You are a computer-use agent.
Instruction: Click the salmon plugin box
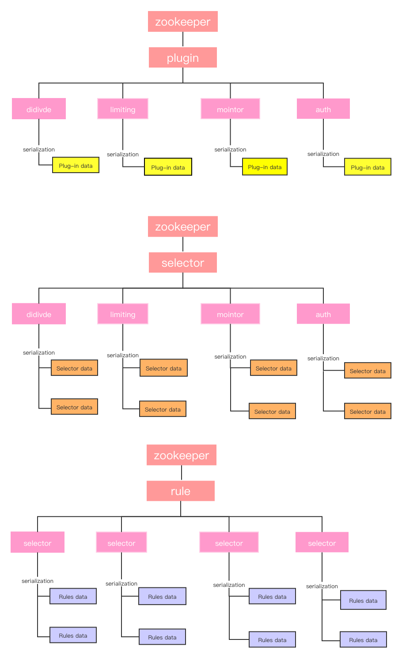coord(182,57)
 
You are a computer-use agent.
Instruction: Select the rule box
coord(180,491)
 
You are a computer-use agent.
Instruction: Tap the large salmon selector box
coord(182,262)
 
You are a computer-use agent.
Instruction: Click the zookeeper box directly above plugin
coord(182,22)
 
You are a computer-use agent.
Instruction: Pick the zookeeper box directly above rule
coord(181,455)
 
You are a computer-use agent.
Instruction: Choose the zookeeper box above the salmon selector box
coord(182,227)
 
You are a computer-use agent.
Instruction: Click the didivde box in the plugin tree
coord(39,109)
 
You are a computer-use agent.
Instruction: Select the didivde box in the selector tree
coord(39,314)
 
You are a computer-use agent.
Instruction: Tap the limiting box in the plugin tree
coord(122,109)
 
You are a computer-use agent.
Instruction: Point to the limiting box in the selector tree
coord(122,314)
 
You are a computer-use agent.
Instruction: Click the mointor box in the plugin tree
coord(230,109)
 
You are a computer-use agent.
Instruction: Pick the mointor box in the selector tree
coord(230,314)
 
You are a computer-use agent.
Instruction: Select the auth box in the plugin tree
coord(323,109)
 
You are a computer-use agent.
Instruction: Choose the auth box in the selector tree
coord(323,314)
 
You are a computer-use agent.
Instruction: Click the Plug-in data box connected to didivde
coord(76,166)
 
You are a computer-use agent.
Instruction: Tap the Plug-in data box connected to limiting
coord(168,167)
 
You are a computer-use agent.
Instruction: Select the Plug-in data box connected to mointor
coord(265,167)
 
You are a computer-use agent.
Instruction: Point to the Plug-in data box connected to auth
coord(368,167)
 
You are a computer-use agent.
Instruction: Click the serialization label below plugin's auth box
coord(323,154)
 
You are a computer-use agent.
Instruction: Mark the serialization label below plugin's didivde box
coord(39,149)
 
